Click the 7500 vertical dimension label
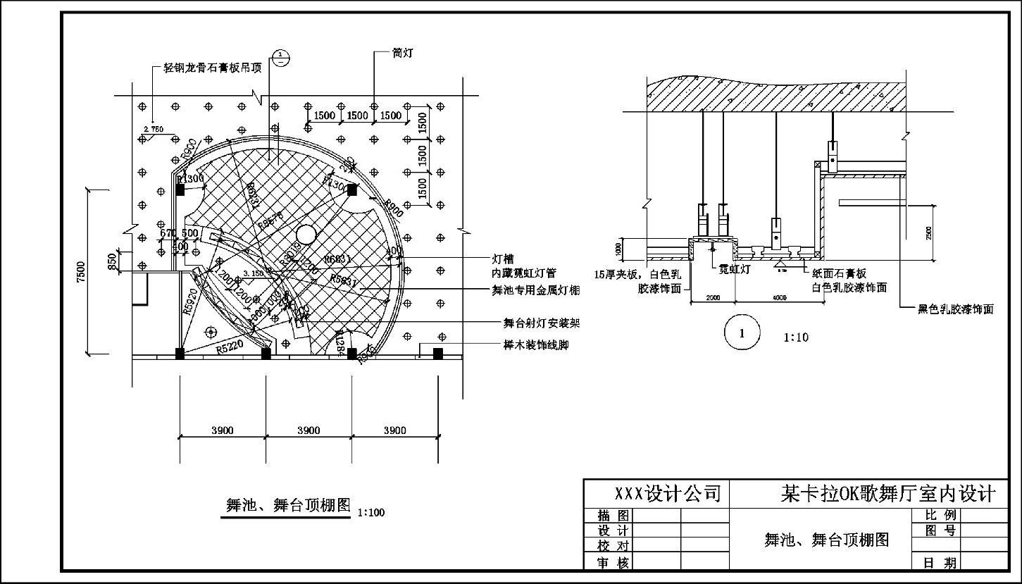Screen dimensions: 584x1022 click(x=81, y=272)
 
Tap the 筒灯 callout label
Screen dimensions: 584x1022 click(x=403, y=54)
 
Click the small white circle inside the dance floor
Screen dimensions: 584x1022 click(x=306, y=234)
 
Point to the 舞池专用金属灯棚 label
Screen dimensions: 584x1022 click(x=536, y=290)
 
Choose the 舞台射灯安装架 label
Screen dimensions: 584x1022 click(x=541, y=323)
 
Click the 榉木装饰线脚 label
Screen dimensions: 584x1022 click(x=535, y=346)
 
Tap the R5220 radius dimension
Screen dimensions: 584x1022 click(x=230, y=347)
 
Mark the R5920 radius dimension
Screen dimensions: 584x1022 click(x=189, y=302)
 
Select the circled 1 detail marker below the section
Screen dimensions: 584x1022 click(x=742, y=334)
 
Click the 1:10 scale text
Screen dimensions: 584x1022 click(x=796, y=337)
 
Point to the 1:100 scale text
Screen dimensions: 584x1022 click(x=371, y=512)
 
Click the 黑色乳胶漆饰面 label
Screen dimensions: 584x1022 click(x=955, y=309)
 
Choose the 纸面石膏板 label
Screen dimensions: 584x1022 click(x=839, y=274)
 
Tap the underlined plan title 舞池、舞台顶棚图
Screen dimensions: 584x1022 click(x=287, y=505)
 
